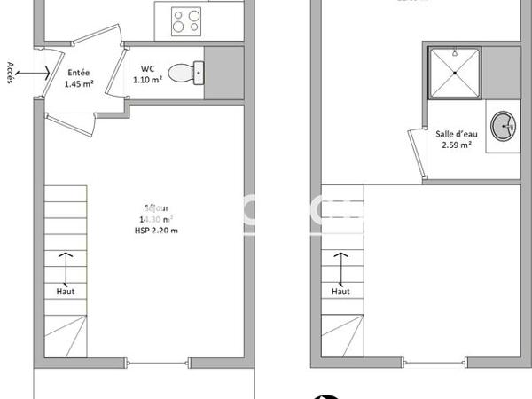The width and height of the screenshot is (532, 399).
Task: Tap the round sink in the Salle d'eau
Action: pos(504,125)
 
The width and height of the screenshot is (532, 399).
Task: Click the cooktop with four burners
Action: pos(186,20)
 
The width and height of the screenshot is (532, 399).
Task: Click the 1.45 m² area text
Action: pos(78,85)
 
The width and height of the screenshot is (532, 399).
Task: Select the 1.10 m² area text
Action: pos(147,80)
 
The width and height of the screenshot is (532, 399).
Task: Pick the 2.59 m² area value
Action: pos(452,145)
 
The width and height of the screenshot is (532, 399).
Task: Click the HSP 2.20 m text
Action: pos(151,231)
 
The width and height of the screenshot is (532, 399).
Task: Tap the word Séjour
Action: pos(151,210)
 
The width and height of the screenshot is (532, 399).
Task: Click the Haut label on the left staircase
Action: pos(65,290)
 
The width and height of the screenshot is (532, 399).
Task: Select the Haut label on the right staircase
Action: pos(340,290)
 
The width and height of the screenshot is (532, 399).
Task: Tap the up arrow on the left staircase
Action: pos(65,266)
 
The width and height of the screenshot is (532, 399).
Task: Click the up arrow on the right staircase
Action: pos(340,266)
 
